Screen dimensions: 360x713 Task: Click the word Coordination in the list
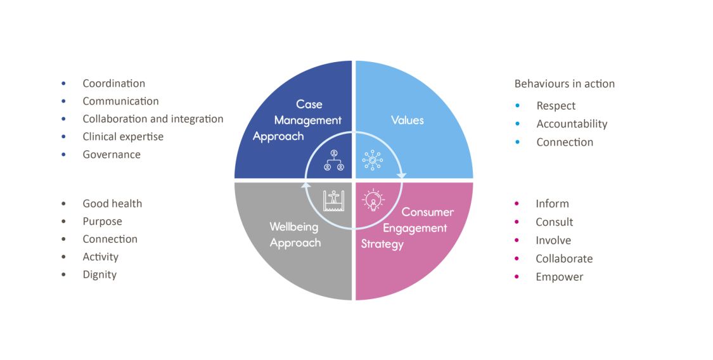point(113,84)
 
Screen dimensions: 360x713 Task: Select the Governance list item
point(112,155)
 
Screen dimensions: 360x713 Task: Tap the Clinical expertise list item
point(123,137)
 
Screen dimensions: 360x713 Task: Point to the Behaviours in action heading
point(564,84)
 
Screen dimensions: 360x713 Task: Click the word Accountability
point(572,124)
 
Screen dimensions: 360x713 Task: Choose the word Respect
point(556,106)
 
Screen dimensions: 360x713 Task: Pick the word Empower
point(559,277)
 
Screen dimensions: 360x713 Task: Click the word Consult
point(554,222)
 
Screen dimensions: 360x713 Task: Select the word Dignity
point(100,274)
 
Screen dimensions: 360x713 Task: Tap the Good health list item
point(112,203)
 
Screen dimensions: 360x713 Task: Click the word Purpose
point(102,221)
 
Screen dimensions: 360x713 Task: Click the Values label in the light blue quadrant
point(407,120)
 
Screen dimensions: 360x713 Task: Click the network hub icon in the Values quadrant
point(372,160)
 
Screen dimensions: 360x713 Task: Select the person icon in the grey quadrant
point(333,200)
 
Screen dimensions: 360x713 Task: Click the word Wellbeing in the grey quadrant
point(295,227)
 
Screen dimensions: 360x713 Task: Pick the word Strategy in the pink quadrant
point(382,244)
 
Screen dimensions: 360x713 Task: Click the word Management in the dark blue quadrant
point(307,120)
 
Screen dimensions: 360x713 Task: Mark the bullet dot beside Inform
point(517,203)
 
